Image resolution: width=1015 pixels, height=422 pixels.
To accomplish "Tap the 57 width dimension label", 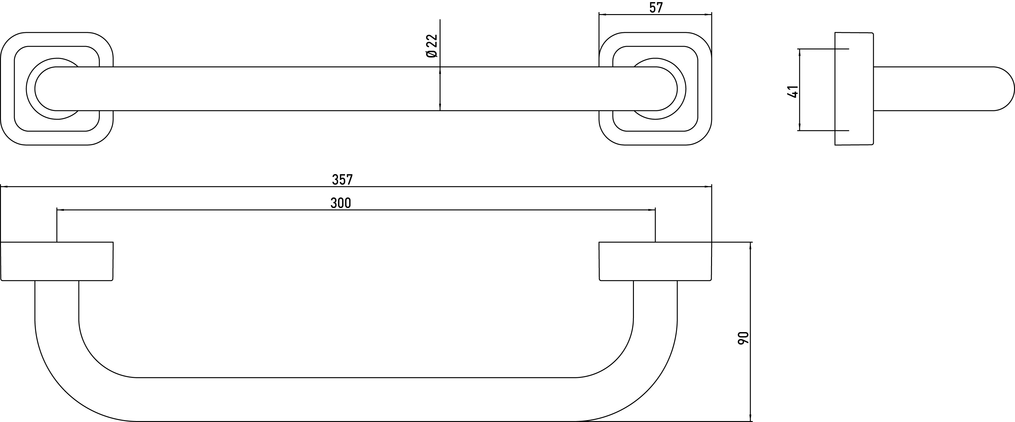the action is point(656,8).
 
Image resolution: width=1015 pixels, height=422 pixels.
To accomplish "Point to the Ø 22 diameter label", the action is point(432,46).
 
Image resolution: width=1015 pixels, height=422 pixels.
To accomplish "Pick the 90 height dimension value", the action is point(743,338).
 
